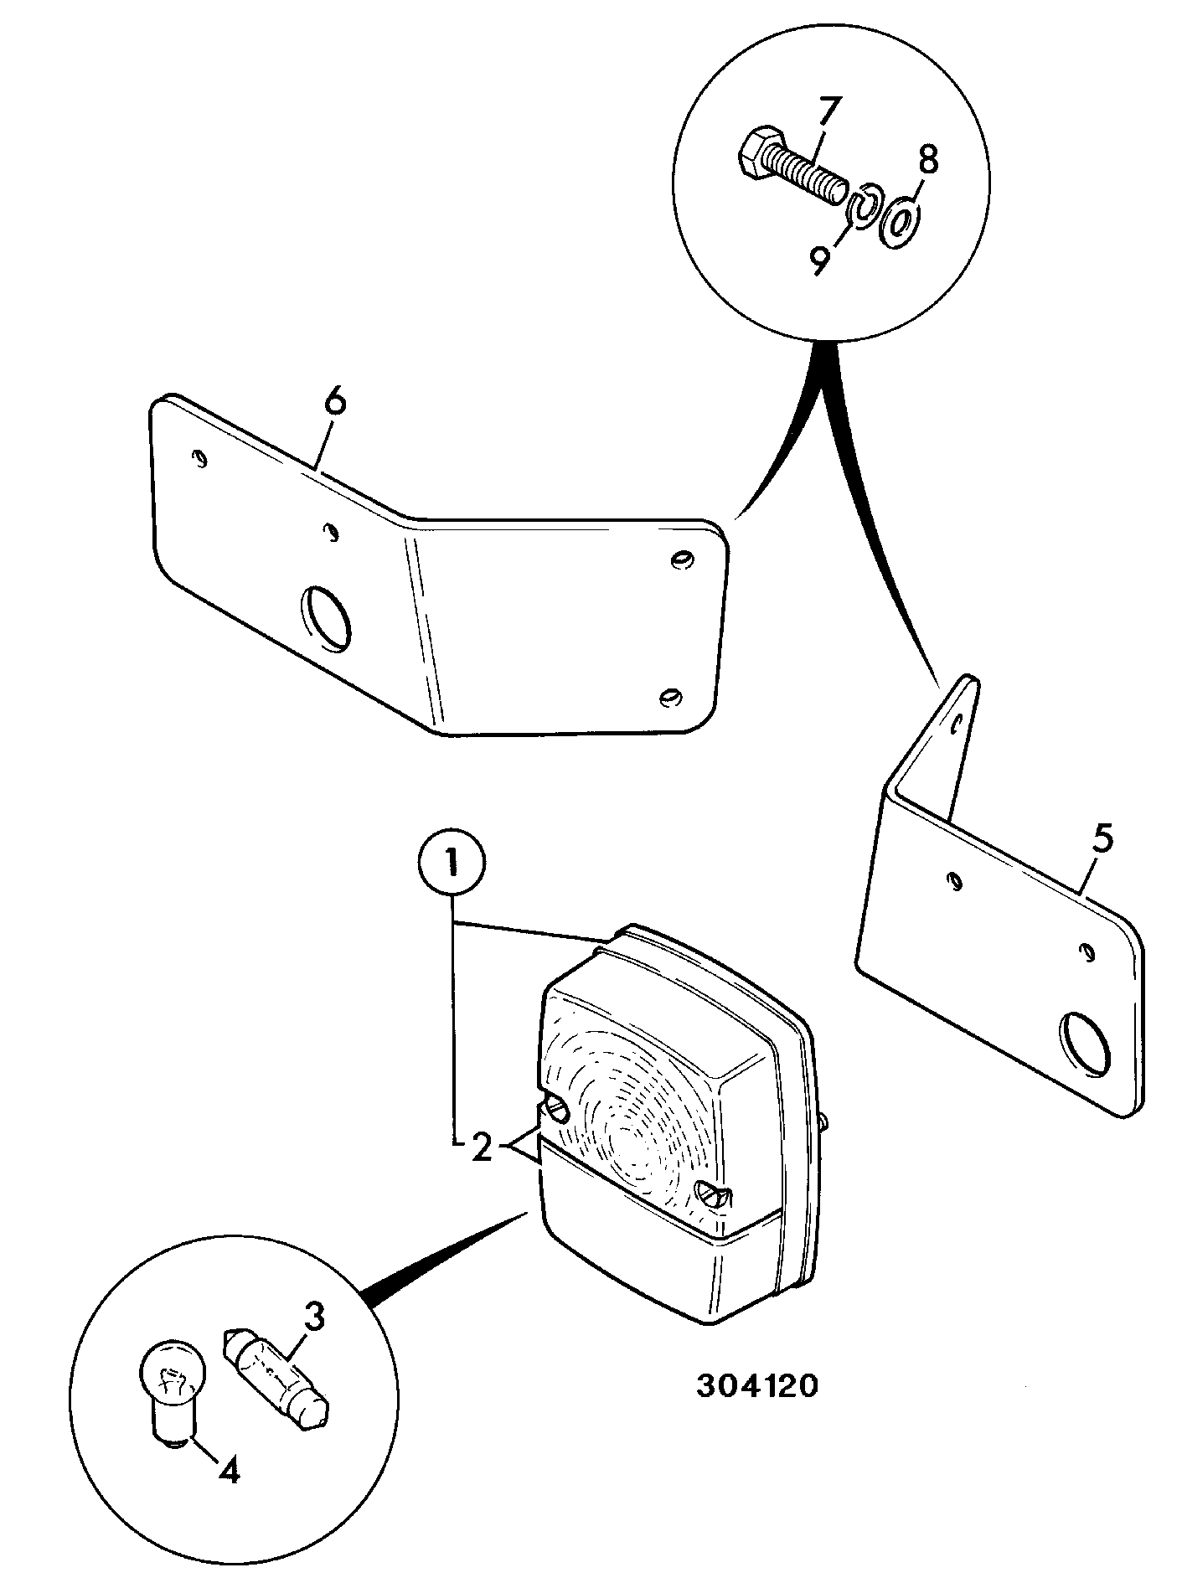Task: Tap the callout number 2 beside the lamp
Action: tap(481, 1148)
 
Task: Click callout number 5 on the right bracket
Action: tap(1102, 840)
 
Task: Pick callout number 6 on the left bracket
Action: tap(334, 402)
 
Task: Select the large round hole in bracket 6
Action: tap(327, 619)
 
